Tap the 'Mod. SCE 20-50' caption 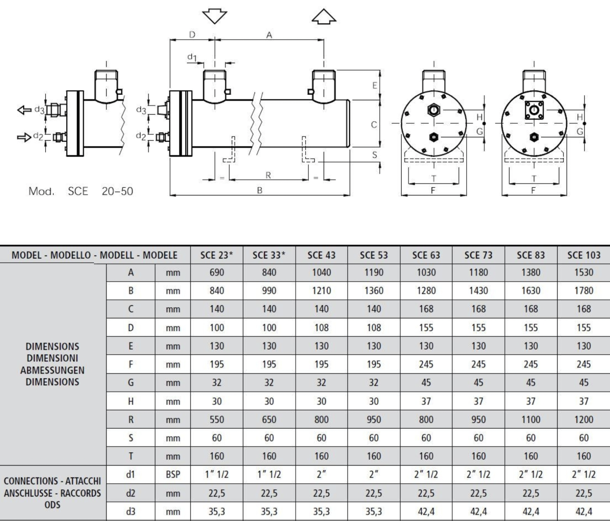pyautogui.click(x=81, y=191)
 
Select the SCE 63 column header pyautogui.click(x=426, y=255)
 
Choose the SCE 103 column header pyautogui.click(x=584, y=255)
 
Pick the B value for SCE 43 pyautogui.click(x=321, y=291)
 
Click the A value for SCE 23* pyautogui.click(x=217, y=272)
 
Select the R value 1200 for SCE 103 pyautogui.click(x=584, y=419)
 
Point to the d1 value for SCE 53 pyautogui.click(x=374, y=474)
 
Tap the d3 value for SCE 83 pyautogui.click(x=531, y=511)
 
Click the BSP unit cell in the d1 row pyautogui.click(x=173, y=475)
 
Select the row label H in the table pyautogui.click(x=131, y=401)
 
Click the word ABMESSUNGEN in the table pyautogui.click(x=53, y=370)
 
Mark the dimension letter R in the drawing pyautogui.click(x=268, y=175)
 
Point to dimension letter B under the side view pyautogui.click(x=260, y=190)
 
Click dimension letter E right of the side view pyautogui.click(x=374, y=85)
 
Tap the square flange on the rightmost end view pyautogui.click(x=534, y=110)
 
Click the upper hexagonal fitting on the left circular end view pyautogui.click(x=434, y=110)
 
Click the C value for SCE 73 pyautogui.click(x=479, y=309)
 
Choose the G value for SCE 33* pyautogui.click(x=269, y=382)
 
